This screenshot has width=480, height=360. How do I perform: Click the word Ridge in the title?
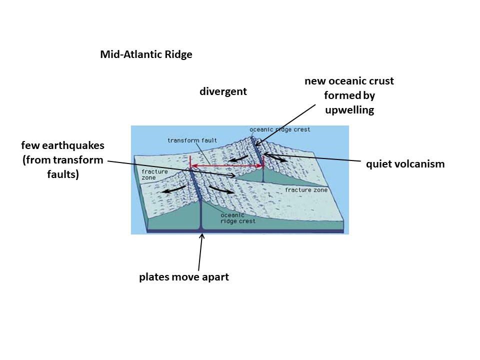click(x=178, y=55)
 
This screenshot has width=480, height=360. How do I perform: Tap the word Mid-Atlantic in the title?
click(x=131, y=55)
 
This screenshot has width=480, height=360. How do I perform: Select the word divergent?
click(x=223, y=91)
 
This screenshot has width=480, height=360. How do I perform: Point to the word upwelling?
click(x=349, y=110)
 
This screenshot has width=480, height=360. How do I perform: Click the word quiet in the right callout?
click(x=377, y=164)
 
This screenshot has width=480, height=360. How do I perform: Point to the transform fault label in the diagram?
click(x=185, y=140)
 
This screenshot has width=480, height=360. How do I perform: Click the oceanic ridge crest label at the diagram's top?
click(x=279, y=129)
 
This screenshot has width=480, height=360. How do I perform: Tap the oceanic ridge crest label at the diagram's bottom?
click(x=238, y=218)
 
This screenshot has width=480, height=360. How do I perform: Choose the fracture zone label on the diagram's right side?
click(x=306, y=190)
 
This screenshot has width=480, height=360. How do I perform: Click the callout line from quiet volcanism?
click(x=315, y=158)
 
